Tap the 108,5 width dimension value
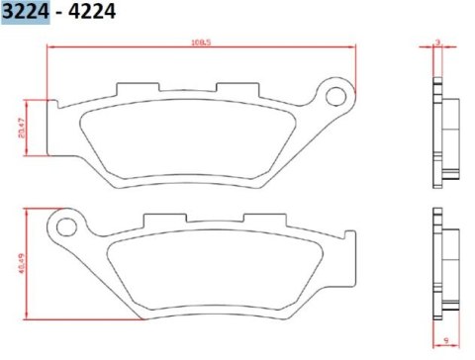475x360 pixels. (202, 43)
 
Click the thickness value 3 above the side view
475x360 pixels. (437, 43)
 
